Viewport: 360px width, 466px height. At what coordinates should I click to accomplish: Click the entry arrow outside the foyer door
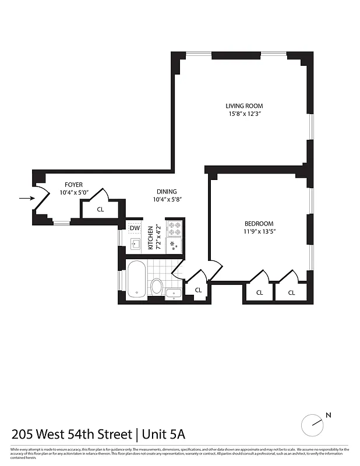pos(26,198)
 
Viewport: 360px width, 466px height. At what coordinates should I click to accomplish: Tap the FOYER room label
pos(73,185)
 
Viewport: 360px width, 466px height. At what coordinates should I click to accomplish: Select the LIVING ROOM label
pos(244,106)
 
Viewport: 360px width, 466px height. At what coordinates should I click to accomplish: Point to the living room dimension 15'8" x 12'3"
pos(244,114)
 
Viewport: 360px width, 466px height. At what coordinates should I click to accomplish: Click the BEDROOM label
pos(258,223)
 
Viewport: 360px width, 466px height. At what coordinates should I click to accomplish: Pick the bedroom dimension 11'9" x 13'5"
pos(258,231)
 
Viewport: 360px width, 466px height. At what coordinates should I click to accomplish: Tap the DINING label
pos(167,192)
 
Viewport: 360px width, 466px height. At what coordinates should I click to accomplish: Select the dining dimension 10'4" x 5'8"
pos(167,200)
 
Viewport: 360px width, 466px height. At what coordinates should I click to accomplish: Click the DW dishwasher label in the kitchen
pos(135,228)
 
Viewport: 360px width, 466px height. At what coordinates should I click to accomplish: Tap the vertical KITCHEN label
pos(150,238)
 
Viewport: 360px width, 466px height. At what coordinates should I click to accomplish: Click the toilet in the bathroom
pos(156,286)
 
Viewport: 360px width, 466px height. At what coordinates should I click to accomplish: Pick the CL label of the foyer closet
pos(100,209)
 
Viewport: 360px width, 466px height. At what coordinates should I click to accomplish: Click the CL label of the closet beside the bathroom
pos(198,290)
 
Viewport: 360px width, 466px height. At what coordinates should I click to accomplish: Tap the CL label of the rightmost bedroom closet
pos(291,292)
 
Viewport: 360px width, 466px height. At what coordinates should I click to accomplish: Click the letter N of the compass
pos(329,415)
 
